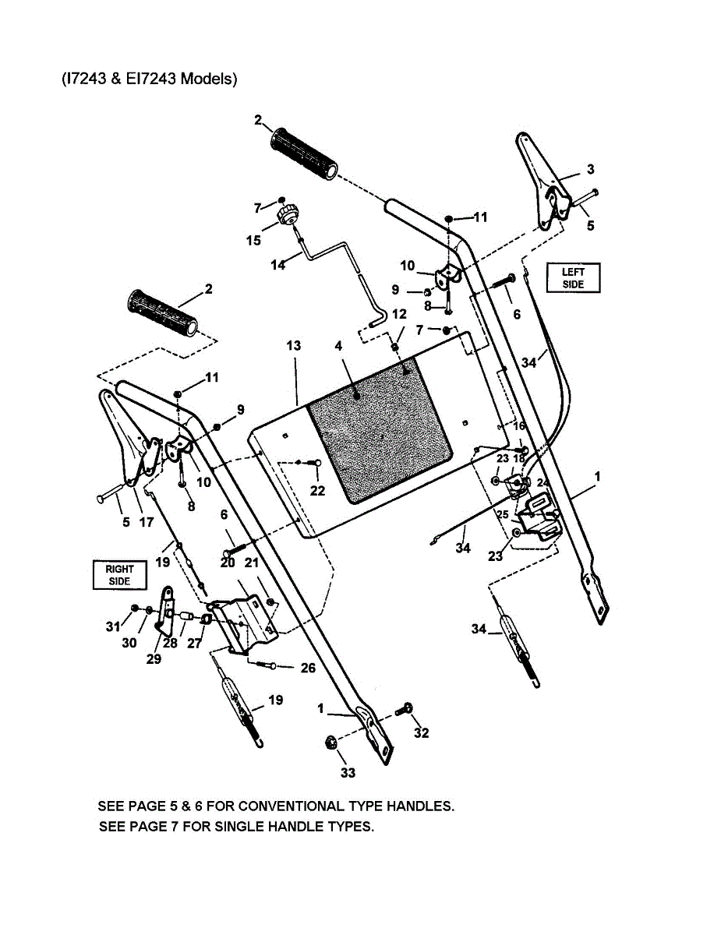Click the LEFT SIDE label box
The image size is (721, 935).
pos(573,278)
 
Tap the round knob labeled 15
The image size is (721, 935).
pos(288,213)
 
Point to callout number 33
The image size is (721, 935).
pos(348,772)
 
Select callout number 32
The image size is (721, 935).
pos(422,733)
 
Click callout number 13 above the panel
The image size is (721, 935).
pos(292,345)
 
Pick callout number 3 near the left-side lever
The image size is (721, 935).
pos(590,168)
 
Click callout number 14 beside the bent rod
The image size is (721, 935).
pos(278,264)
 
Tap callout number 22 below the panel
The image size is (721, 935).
pos(317,491)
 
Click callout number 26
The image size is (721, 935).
pos(307,668)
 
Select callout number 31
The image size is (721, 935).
pos(112,626)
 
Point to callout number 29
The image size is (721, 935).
pos(154,659)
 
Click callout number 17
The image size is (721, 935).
pos(146,523)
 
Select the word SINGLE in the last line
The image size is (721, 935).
pos(226,826)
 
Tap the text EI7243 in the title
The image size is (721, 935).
pos(147,79)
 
